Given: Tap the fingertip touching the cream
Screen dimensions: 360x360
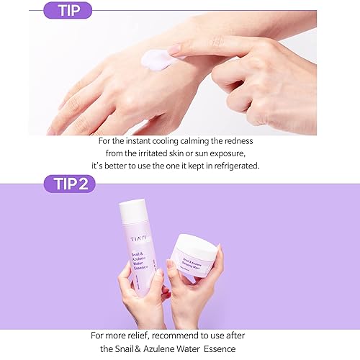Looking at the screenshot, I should pos(175,50).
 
